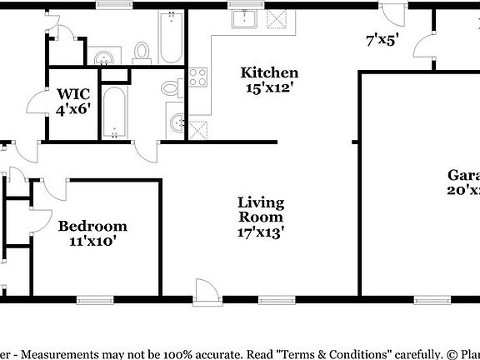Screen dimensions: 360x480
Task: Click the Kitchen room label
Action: [269, 72]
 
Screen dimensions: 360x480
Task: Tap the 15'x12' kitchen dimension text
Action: [269, 87]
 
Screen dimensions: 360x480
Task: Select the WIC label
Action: [72, 93]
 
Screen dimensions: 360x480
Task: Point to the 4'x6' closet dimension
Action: [72, 108]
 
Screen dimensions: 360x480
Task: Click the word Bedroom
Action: [92, 226]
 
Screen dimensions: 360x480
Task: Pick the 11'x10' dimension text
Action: [92, 242]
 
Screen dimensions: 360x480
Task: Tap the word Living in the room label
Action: [261, 202]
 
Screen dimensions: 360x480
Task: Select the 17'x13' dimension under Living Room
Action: [261, 233]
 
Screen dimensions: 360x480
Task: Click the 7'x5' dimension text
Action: [382, 38]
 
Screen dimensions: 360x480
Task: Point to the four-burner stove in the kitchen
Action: [198, 77]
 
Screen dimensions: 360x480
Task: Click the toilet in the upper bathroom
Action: [141, 52]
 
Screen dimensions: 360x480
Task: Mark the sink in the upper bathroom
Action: [103, 57]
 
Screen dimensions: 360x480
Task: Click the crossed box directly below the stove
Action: [198, 129]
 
